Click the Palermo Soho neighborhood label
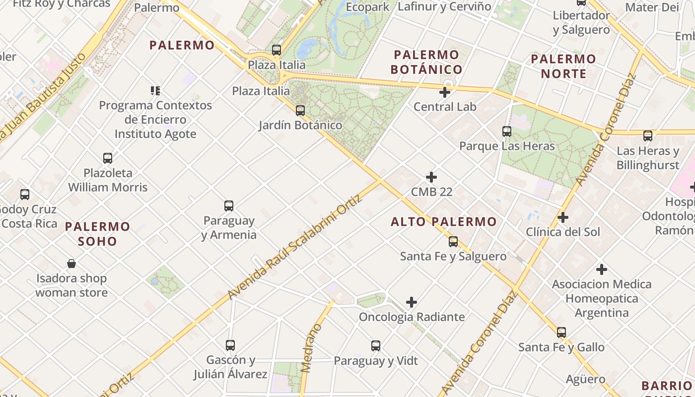tap(98, 234)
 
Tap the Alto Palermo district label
tap(443, 222)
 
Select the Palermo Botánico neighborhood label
tap(426, 62)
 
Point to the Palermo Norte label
tap(563, 66)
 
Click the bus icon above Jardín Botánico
tap(300, 110)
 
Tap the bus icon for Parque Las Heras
tap(506, 132)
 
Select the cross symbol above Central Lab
tap(445, 92)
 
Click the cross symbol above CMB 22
tap(431, 177)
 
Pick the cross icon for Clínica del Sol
tap(563, 217)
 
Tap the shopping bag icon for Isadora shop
tap(71, 263)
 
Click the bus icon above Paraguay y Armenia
tap(229, 205)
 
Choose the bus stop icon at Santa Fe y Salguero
tap(453, 242)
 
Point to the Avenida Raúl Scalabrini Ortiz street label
tap(295, 247)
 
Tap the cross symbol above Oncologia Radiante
tap(412, 302)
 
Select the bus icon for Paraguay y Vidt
tap(376, 345)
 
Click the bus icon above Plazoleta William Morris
tap(108, 158)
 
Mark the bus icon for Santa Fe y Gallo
tap(561, 332)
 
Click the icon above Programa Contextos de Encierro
tap(155, 90)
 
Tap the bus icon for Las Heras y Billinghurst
tap(648, 135)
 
